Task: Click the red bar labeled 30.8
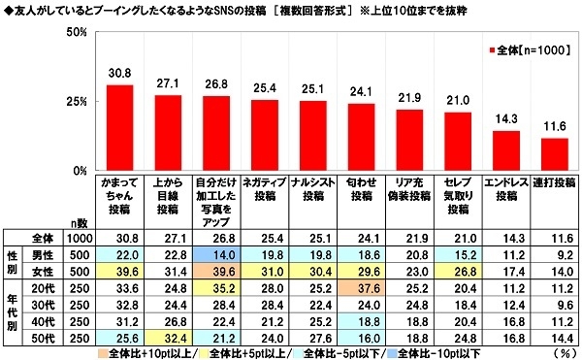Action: (x=119, y=127)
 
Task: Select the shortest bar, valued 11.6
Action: (x=554, y=154)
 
